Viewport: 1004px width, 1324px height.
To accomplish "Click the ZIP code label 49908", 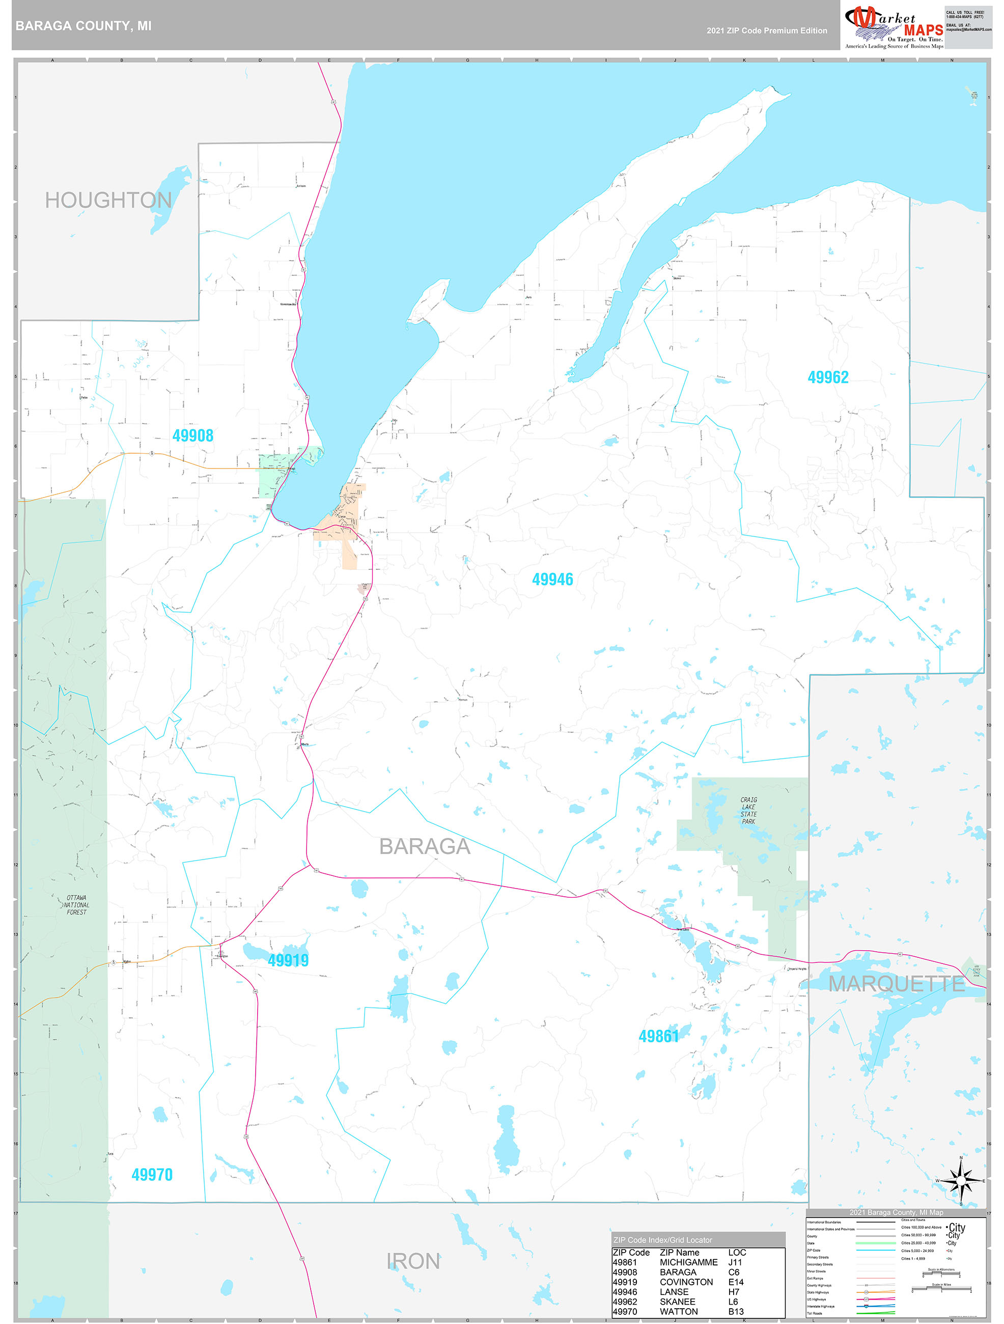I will pyautogui.click(x=192, y=436).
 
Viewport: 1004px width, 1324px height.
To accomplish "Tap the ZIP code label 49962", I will pyautogui.click(x=827, y=377).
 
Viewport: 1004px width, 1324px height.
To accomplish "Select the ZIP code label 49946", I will pyautogui.click(x=552, y=580).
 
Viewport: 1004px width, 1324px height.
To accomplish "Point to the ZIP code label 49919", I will pyautogui.click(x=288, y=960).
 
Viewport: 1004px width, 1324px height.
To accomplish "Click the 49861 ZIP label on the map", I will pyautogui.click(x=658, y=1036).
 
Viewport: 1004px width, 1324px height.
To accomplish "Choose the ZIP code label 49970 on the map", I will pyautogui.click(x=152, y=1174).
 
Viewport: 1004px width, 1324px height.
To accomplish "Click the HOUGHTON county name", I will pyautogui.click(x=108, y=201).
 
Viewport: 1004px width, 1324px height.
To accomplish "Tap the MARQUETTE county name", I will pyautogui.click(x=896, y=983).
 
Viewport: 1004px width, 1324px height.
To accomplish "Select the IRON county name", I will pyautogui.click(x=413, y=1261).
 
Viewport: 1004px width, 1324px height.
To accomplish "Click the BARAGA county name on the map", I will pyautogui.click(x=425, y=846).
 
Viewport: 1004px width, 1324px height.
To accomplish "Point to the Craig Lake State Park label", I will pyautogui.click(x=748, y=811).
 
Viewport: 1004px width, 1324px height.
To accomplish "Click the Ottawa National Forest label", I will pyautogui.click(x=76, y=905).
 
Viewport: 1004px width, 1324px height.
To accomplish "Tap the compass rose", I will pyautogui.click(x=961, y=1181).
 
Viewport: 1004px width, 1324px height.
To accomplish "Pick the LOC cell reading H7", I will pyautogui.click(x=734, y=1292).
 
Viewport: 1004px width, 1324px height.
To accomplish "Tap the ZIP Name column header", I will pyautogui.click(x=679, y=1252).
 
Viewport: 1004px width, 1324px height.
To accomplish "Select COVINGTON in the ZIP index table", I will pyautogui.click(x=686, y=1282).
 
